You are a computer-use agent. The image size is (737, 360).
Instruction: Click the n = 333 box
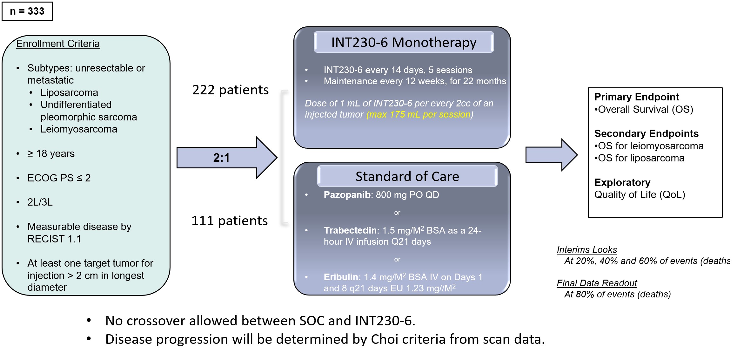click(27, 11)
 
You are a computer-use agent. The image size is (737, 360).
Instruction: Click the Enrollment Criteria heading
click(58, 44)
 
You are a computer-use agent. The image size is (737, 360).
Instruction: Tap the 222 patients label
click(230, 90)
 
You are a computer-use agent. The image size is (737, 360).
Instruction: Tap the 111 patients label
click(230, 221)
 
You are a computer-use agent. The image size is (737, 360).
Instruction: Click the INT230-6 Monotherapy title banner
click(404, 42)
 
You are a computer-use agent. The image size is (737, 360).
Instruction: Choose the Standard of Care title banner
click(407, 176)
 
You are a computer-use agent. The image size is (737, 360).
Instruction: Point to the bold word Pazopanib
click(347, 195)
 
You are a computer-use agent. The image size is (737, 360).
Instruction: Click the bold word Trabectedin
click(350, 230)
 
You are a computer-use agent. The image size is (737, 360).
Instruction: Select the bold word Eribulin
click(341, 277)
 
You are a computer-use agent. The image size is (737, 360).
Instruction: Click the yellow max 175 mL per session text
click(420, 114)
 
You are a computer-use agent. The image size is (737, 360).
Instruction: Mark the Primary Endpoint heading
click(636, 97)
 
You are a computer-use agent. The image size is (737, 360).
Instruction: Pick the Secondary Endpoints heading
click(646, 133)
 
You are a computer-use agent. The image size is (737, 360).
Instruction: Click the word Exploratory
click(622, 182)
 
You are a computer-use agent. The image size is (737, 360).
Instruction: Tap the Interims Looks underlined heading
click(586, 250)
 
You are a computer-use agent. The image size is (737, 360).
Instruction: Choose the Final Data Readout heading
click(597, 283)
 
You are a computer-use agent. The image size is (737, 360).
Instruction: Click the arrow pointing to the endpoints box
click(551, 155)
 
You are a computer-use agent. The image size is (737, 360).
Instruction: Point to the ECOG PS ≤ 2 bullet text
click(59, 178)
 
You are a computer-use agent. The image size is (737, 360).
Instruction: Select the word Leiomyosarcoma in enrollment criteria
click(79, 129)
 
